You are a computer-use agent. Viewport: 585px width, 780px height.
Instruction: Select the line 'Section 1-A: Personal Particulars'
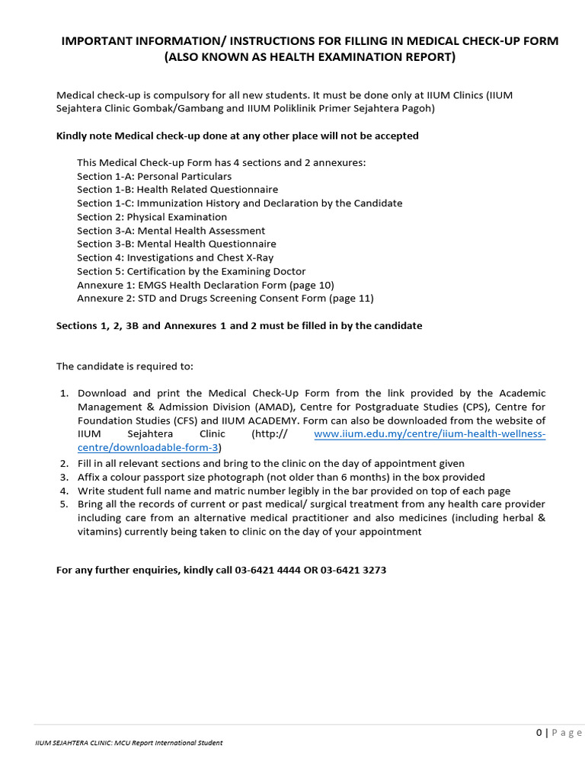pos(154,176)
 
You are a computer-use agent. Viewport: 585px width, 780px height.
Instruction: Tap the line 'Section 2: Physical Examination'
pos(152,217)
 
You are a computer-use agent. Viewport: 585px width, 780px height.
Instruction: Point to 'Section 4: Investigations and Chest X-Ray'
pos(175,257)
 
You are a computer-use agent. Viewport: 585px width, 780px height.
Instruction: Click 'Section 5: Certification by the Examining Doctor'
pos(191,271)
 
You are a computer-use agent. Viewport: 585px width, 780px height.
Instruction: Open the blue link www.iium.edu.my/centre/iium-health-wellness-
pos(430,434)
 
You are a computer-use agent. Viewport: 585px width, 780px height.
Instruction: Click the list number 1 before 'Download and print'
pos(64,393)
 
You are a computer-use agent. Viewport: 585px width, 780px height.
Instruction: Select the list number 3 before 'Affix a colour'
pos(64,477)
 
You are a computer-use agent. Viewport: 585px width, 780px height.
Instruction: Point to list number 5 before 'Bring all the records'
pos(64,504)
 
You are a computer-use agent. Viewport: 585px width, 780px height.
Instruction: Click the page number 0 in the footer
pos(539,733)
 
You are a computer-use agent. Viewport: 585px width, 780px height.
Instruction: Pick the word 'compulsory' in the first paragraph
pos(180,95)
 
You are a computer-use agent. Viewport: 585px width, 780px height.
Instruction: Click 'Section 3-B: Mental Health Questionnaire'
pos(176,244)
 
